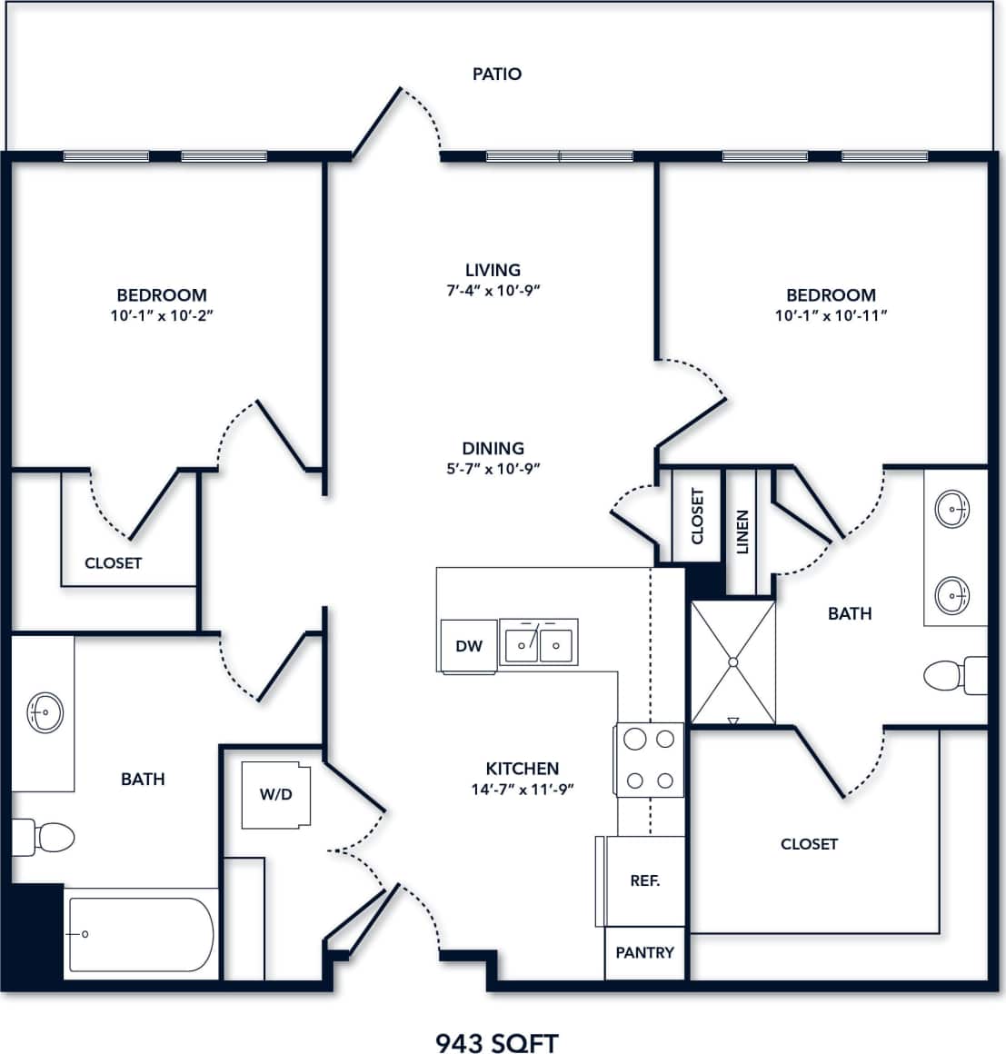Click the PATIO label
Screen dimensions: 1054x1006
(x=496, y=74)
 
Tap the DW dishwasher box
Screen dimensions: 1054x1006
(x=469, y=646)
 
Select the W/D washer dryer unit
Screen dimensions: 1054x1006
(x=276, y=795)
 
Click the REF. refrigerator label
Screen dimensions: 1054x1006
(x=644, y=880)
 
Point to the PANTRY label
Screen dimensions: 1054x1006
(x=644, y=952)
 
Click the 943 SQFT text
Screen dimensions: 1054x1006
(x=496, y=1042)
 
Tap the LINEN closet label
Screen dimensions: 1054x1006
(x=742, y=532)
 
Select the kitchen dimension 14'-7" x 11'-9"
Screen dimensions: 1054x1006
(x=522, y=790)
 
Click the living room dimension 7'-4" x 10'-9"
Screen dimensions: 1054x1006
(x=493, y=291)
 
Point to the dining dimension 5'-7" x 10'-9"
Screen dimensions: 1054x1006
(x=493, y=469)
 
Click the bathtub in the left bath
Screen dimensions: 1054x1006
(x=141, y=934)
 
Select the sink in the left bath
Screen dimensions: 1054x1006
(x=45, y=711)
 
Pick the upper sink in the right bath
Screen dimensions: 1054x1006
(x=951, y=508)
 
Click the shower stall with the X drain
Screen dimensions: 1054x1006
(x=732, y=662)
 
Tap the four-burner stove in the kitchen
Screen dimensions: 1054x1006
(x=650, y=760)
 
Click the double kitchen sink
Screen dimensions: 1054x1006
(x=538, y=644)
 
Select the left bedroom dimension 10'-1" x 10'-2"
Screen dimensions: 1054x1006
(x=161, y=315)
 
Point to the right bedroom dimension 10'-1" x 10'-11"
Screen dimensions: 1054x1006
(x=831, y=315)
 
